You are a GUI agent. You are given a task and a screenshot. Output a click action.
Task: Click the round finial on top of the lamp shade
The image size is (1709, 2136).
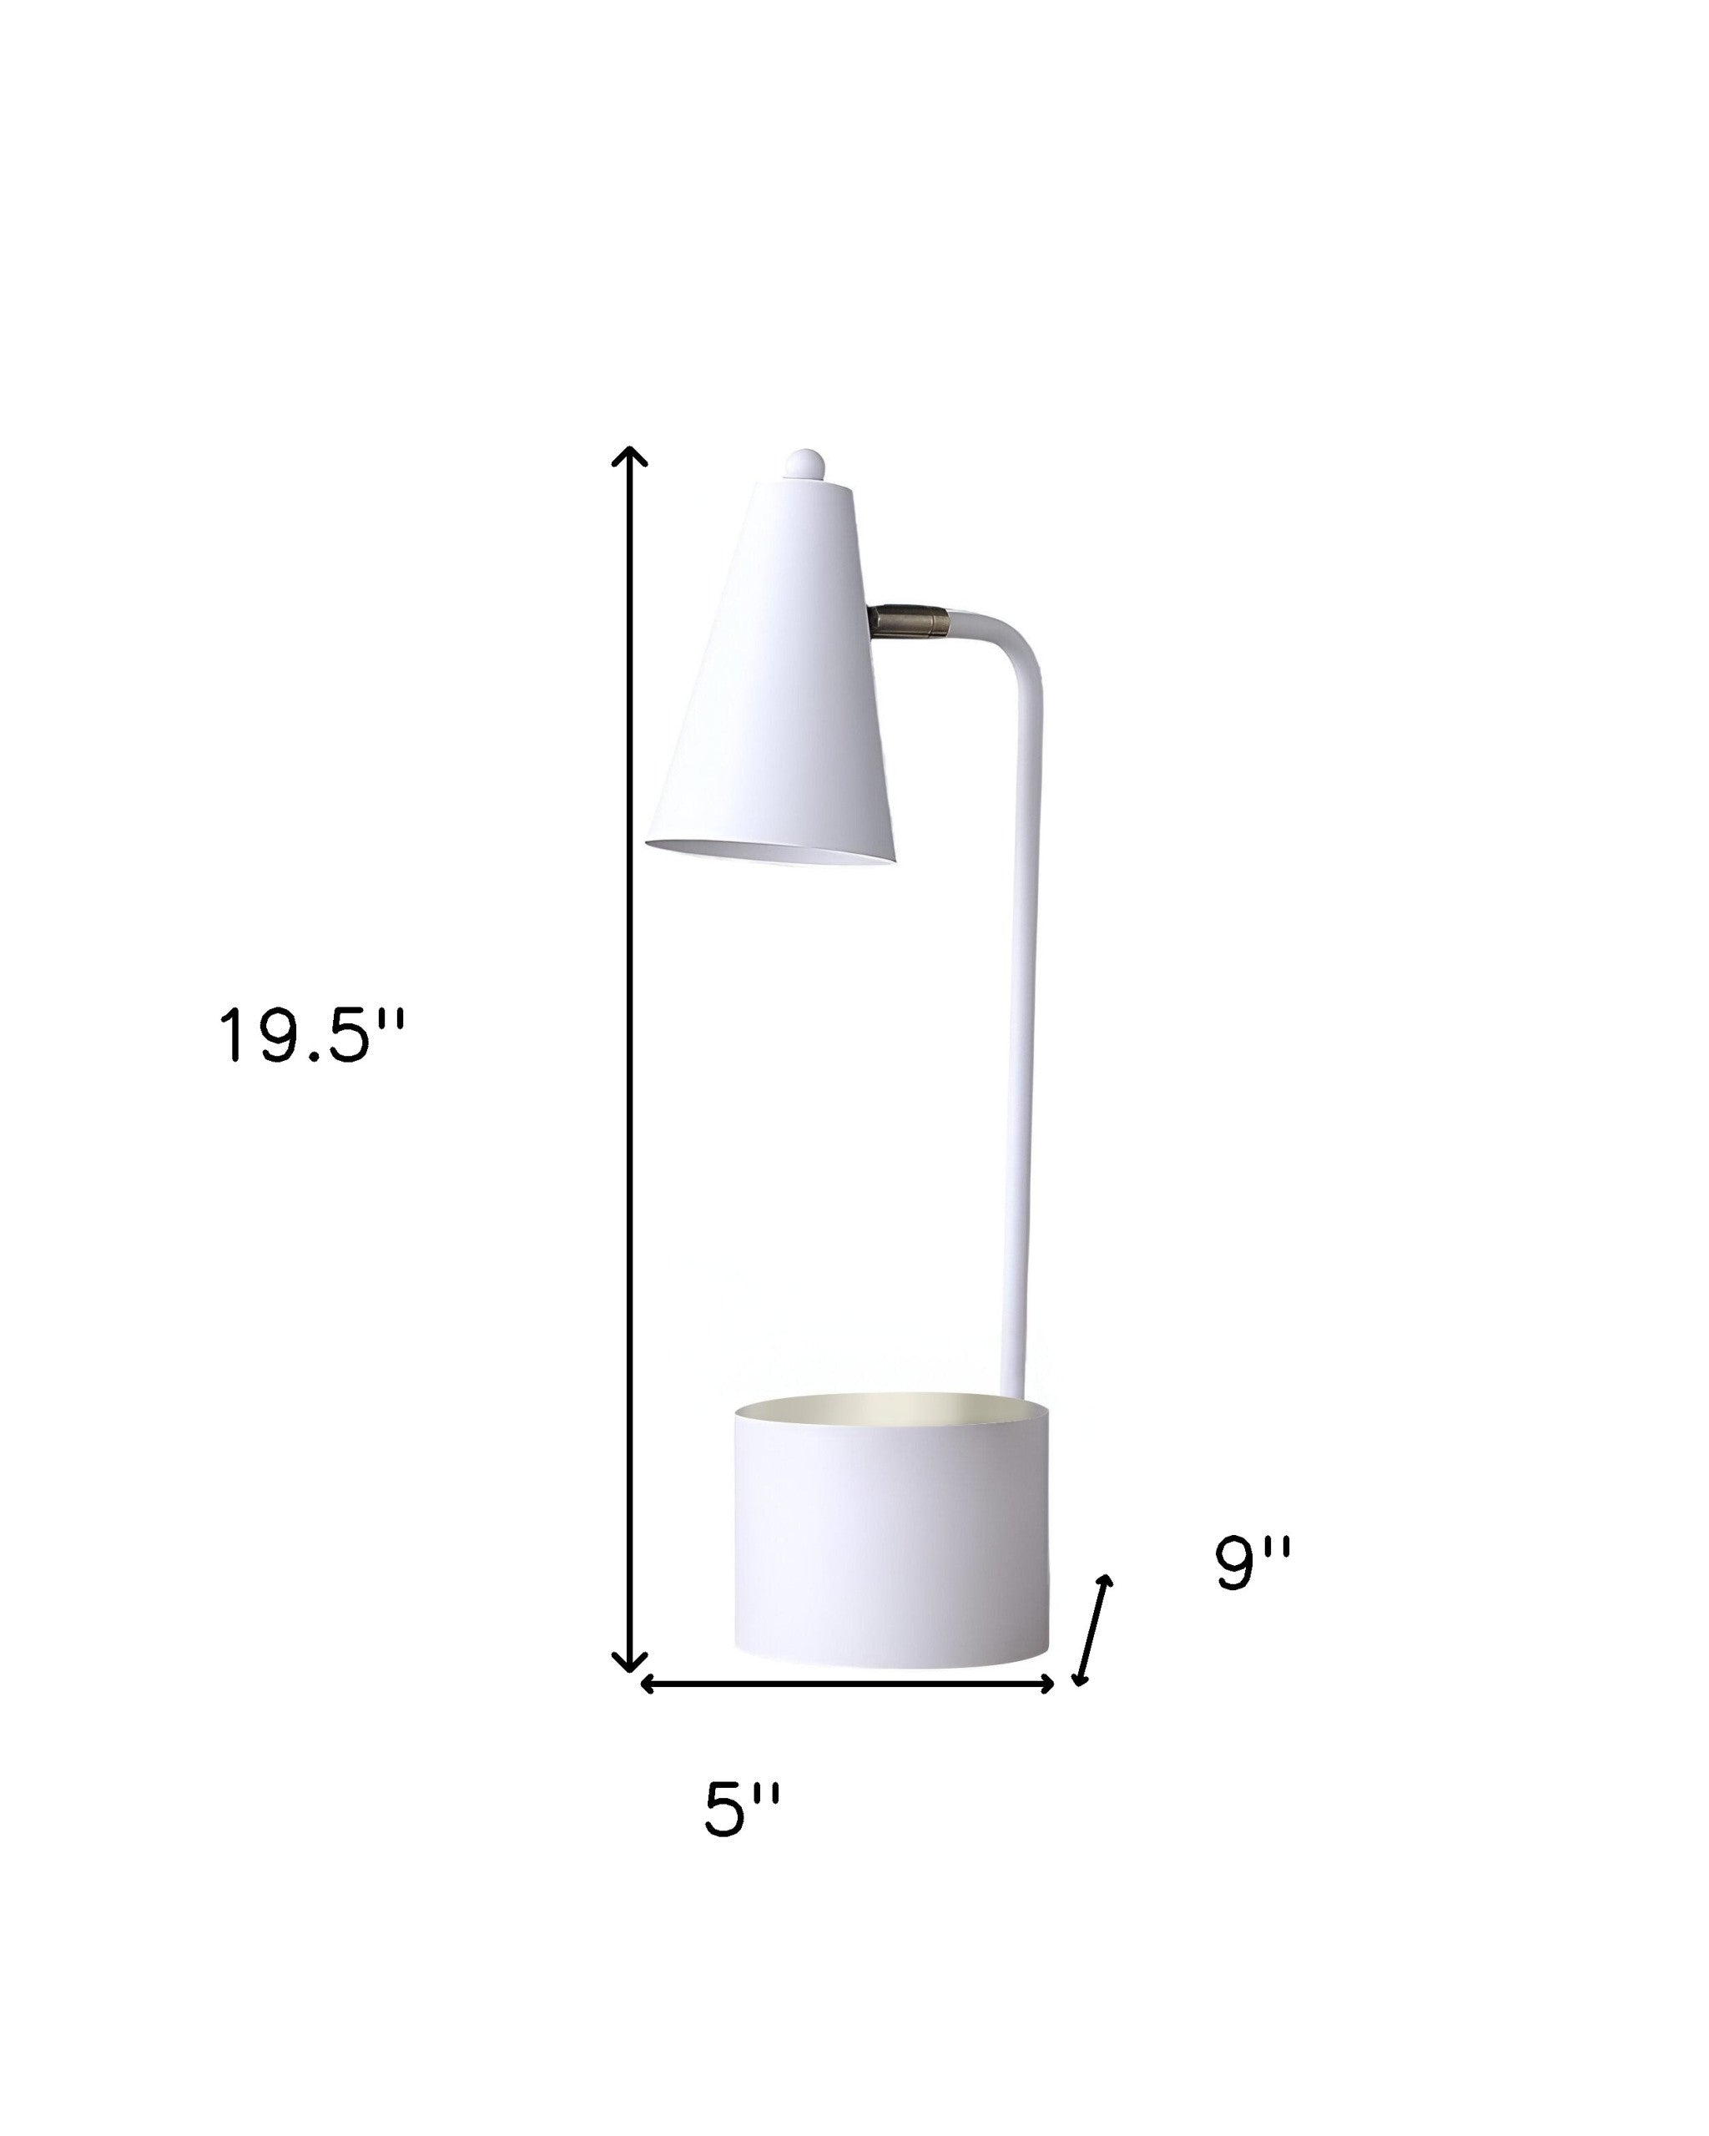804,465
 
